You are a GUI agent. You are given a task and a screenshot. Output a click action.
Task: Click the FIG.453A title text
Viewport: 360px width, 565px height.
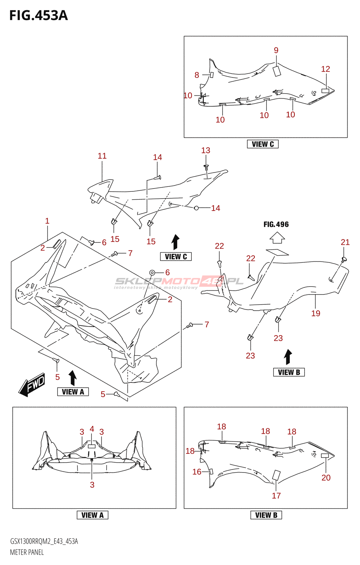click(x=38, y=16)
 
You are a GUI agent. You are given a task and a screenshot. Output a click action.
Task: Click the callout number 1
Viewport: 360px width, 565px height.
click(x=47, y=221)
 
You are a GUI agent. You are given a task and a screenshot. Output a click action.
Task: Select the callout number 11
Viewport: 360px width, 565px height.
click(x=102, y=156)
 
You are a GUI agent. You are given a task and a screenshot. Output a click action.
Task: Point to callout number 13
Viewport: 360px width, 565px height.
click(x=206, y=150)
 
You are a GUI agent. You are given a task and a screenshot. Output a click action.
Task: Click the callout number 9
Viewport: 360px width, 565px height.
click(x=276, y=50)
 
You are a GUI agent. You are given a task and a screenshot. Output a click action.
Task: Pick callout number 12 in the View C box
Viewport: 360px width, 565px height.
click(x=325, y=69)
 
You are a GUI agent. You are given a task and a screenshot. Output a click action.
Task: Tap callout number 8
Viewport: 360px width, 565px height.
click(x=197, y=75)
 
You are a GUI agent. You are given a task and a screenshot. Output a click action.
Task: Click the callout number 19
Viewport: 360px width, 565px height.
click(x=316, y=313)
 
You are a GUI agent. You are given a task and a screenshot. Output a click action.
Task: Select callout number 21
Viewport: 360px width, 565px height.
click(x=345, y=242)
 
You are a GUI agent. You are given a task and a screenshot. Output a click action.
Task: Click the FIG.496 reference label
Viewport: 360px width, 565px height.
click(x=276, y=224)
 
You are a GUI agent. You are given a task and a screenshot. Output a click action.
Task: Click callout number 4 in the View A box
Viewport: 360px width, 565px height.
click(x=92, y=429)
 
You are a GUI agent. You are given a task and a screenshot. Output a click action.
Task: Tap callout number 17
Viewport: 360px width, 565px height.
click(x=276, y=495)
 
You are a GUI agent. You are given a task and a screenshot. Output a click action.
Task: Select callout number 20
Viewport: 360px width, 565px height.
click(x=326, y=477)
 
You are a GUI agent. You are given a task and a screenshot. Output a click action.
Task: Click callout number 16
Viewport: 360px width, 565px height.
click(x=197, y=471)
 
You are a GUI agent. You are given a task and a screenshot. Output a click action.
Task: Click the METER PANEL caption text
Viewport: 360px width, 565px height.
click(x=27, y=552)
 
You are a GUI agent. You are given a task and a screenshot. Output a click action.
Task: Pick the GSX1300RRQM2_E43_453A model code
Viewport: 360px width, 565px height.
click(x=44, y=541)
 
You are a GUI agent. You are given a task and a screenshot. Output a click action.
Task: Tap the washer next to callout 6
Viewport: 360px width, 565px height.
click(x=152, y=272)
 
